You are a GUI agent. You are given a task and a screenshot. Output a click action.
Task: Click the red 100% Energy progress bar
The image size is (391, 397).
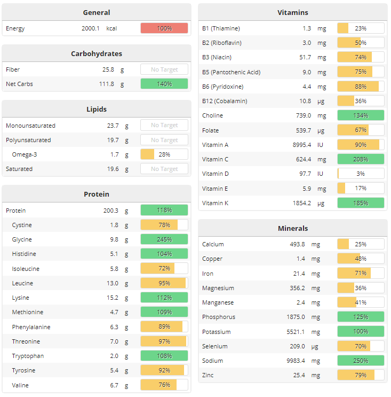[164, 28]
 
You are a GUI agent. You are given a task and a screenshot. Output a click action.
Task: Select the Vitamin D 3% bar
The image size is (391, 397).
[361, 174]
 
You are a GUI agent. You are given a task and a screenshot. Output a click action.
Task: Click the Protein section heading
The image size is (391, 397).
[97, 194]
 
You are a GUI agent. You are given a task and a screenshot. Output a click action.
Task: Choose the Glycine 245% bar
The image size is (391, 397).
[164, 239]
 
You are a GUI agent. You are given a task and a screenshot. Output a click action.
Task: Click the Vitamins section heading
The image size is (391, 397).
[293, 12]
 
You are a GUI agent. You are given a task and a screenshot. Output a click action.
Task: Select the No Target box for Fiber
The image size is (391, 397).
[164, 69]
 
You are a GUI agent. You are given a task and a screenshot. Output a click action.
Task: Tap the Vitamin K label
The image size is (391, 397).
[216, 203]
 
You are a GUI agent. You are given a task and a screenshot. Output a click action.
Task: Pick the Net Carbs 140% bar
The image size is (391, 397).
[164, 84]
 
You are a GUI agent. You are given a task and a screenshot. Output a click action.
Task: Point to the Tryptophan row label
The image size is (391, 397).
[28, 356]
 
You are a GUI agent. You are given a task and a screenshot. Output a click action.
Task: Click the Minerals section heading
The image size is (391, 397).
[293, 228]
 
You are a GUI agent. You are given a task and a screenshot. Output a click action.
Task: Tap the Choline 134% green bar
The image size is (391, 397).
[361, 115]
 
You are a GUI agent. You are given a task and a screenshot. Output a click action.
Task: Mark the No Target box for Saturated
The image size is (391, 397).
[164, 169]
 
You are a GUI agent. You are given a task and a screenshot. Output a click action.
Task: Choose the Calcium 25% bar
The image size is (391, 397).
[361, 244]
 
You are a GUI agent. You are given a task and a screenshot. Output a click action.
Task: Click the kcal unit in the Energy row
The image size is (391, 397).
[112, 28]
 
